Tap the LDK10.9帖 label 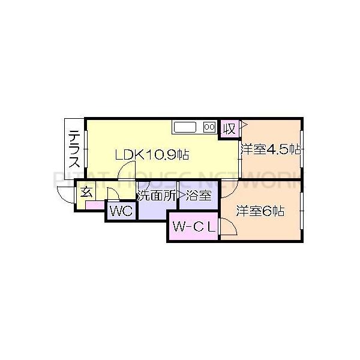click(x=152, y=155)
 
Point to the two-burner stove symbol click(x=209, y=127)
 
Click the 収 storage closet click(x=229, y=128)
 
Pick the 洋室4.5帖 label click(x=270, y=150)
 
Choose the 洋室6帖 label click(x=259, y=211)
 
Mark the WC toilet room click(x=122, y=211)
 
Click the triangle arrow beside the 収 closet click(x=243, y=127)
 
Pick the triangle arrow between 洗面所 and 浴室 click(x=179, y=195)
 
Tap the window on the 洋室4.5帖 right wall click(x=301, y=150)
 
